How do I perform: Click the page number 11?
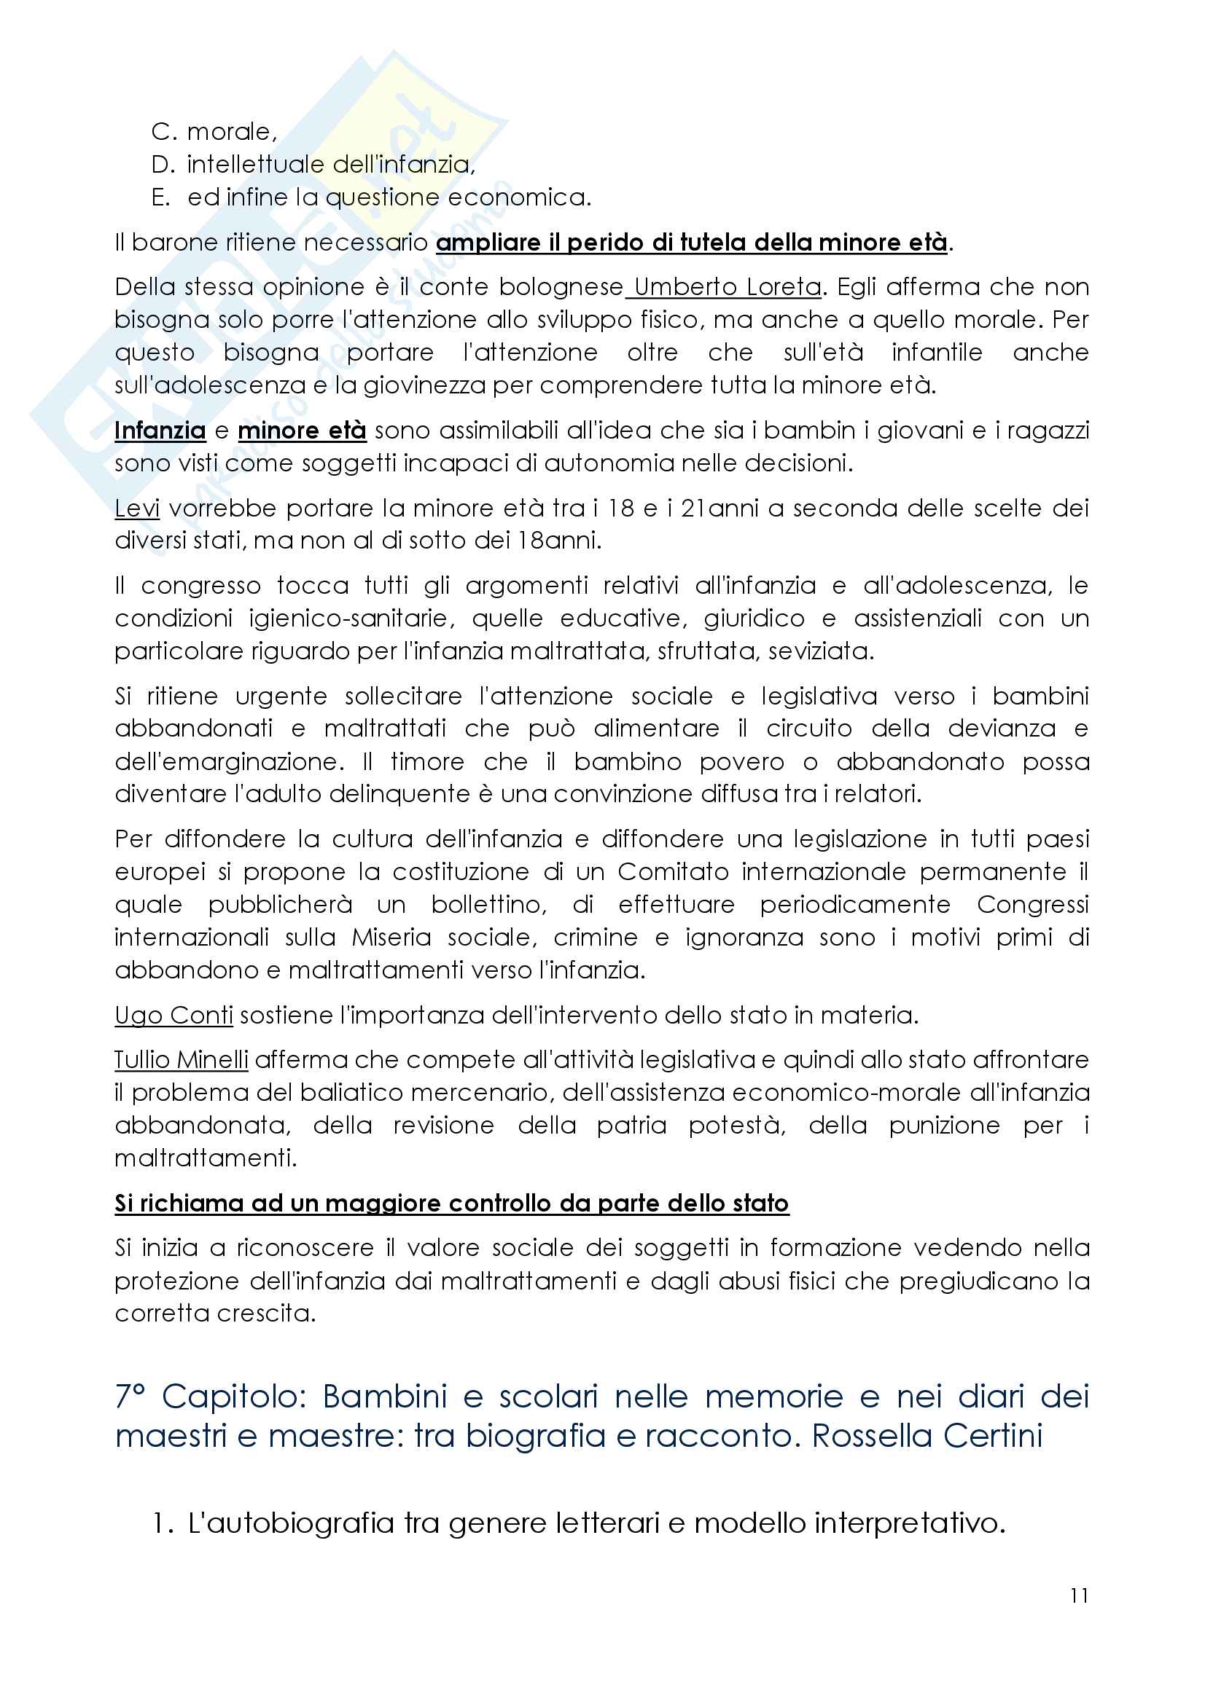pos(1080,1595)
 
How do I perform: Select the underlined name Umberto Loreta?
pos(727,287)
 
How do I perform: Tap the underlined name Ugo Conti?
pos(173,1015)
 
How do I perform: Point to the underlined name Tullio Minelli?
pos(182,1060)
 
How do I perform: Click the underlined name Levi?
pos(136,509)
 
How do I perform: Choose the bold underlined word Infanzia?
pos(160,431)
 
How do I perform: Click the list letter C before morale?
pos(163,132)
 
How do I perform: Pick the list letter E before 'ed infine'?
pos(160,197)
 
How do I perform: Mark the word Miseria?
pos(391,938)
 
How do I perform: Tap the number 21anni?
pos(724,509)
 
